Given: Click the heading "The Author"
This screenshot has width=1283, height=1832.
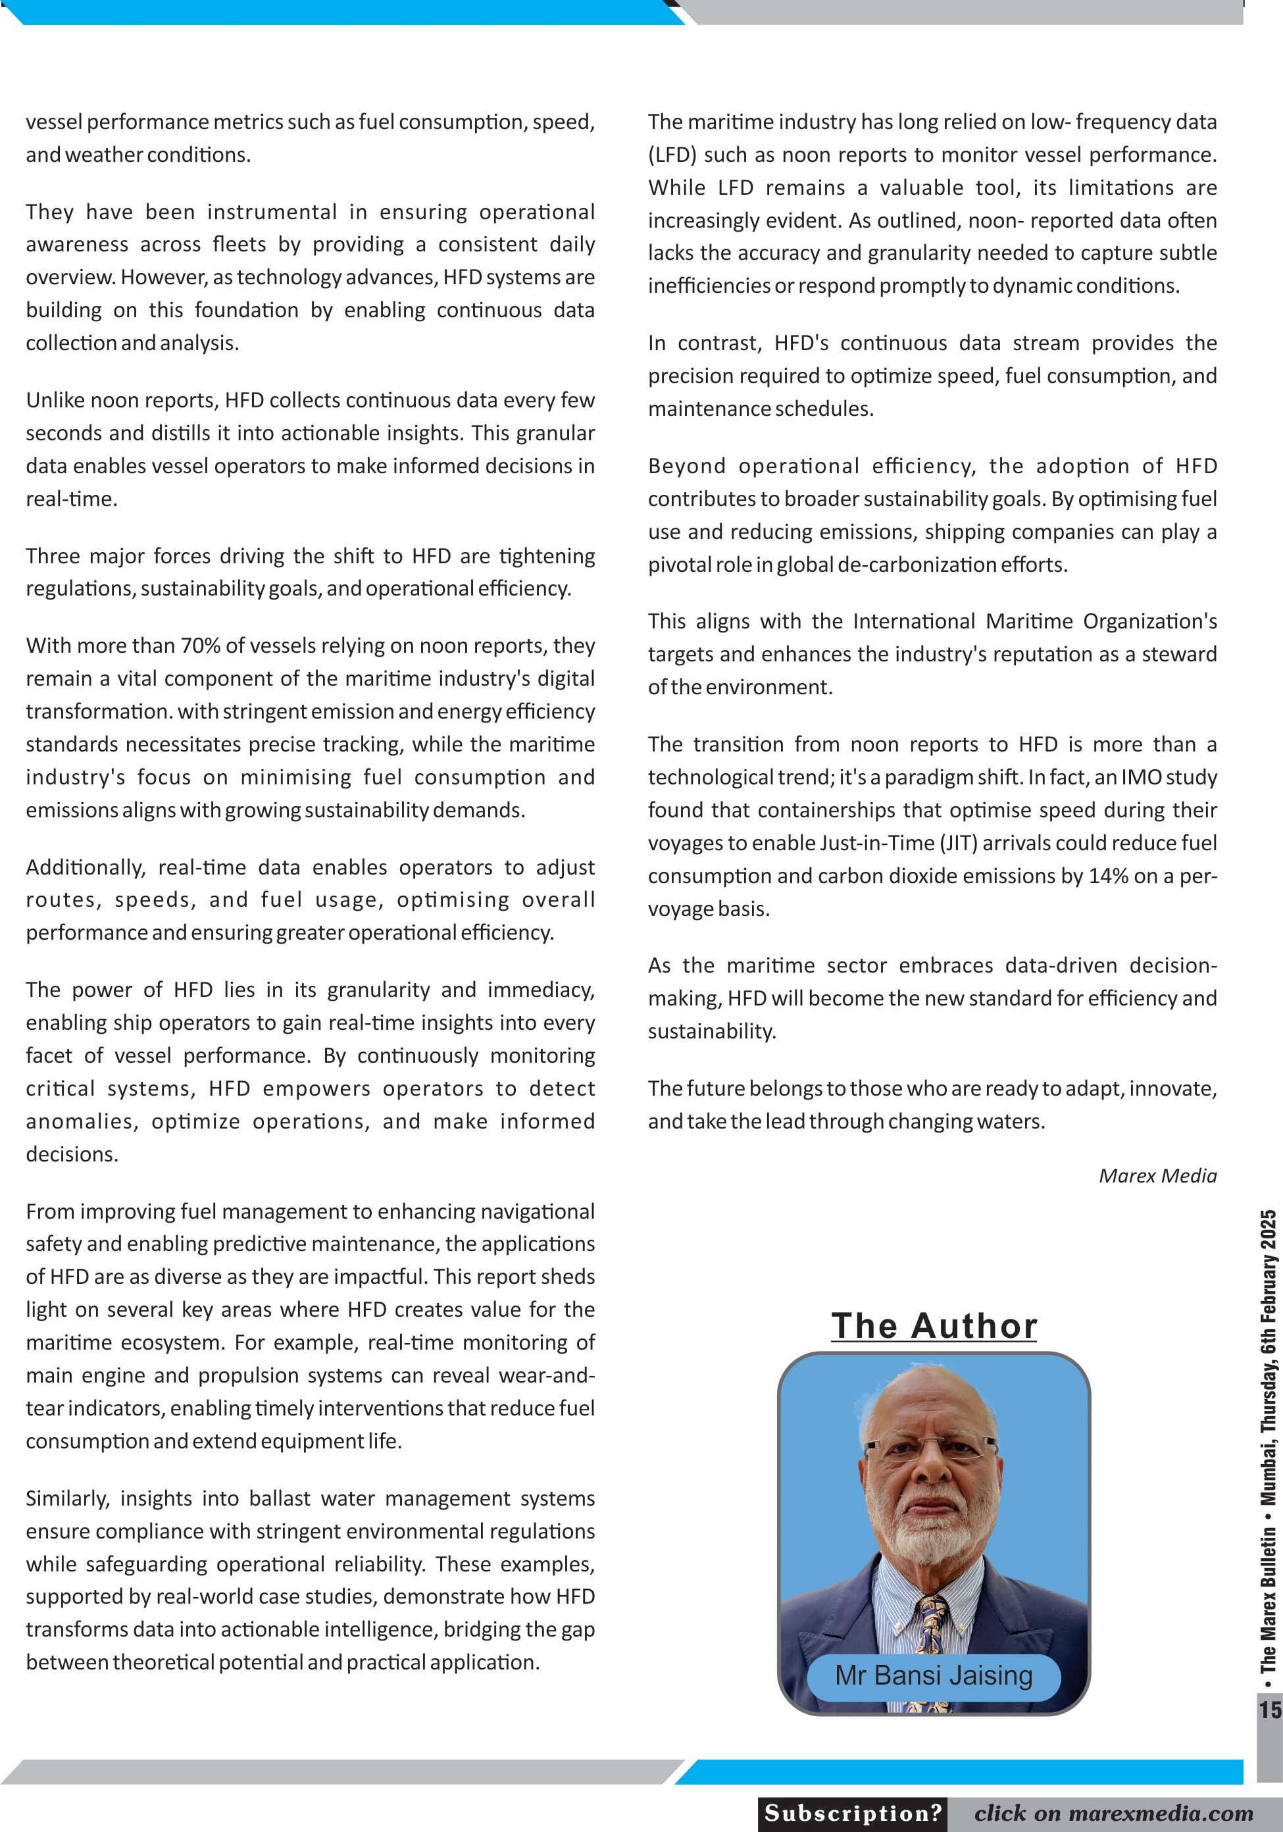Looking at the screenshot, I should [x=934, y=1326].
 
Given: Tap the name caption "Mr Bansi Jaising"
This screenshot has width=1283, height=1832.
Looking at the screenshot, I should [x=934, y=1674].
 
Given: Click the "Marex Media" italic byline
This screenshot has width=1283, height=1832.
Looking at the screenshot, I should [x=1158, y=1175].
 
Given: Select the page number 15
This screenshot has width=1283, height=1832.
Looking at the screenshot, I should [x=1269, y=1710].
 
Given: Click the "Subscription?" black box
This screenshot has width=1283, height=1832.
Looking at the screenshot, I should [x=853, y=1813].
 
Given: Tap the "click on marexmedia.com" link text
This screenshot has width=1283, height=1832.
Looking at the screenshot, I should [x=1113, y=1813].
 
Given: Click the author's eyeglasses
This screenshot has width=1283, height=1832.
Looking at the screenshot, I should [x=930, y=1446].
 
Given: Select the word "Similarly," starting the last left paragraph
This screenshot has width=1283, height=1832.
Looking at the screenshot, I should [x=67, y=1498].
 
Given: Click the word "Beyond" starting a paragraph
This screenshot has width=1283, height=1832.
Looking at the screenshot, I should [x=687, y=466].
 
